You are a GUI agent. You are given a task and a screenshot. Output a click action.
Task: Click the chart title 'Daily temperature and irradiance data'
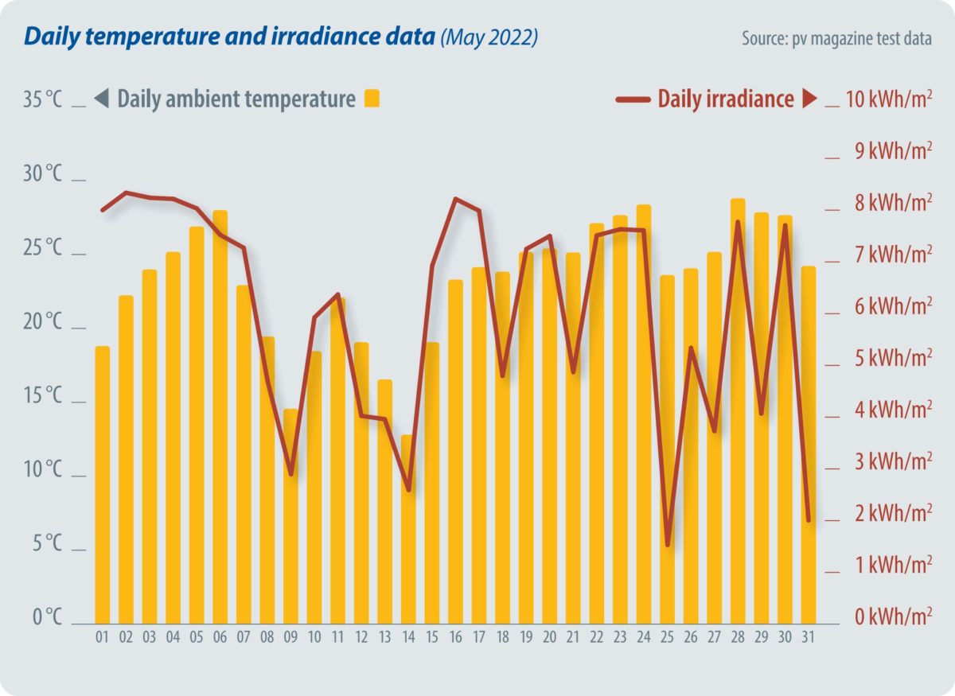[230, 37]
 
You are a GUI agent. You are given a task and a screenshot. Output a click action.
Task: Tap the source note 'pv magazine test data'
[836, 39]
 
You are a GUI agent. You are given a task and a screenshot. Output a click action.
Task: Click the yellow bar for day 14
[408, 529]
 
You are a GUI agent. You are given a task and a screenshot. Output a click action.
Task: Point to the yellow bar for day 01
[102, 484]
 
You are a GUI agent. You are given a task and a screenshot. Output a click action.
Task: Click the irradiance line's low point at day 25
[667, 545]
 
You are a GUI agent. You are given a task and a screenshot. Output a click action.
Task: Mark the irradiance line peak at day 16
[455, 199]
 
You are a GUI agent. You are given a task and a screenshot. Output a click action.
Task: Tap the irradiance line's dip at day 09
[290, 473]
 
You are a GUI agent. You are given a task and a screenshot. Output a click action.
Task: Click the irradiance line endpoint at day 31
[808, 520]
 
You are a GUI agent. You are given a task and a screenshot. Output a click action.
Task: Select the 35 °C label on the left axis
[42, 100]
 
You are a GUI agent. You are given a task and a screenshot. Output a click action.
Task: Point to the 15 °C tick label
[42, 396]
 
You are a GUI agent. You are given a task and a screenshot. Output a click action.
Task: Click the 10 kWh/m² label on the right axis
[888, 100]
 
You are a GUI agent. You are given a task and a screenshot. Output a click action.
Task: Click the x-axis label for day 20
[549, 637]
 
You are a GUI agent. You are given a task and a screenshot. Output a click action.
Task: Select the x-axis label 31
[808, 637]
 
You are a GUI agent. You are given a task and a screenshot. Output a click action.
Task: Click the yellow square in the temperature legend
[372, 99]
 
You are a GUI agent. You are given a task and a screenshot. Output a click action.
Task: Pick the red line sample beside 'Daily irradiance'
[633, 99]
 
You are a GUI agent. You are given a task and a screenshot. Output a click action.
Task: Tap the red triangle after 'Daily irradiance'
[809, 99]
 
